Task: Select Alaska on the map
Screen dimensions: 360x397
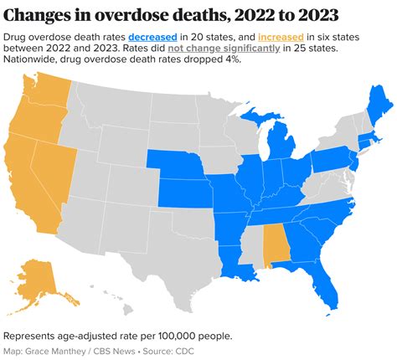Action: (x=42, y=280)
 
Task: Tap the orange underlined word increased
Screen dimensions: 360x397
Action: (x=280, y=37)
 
